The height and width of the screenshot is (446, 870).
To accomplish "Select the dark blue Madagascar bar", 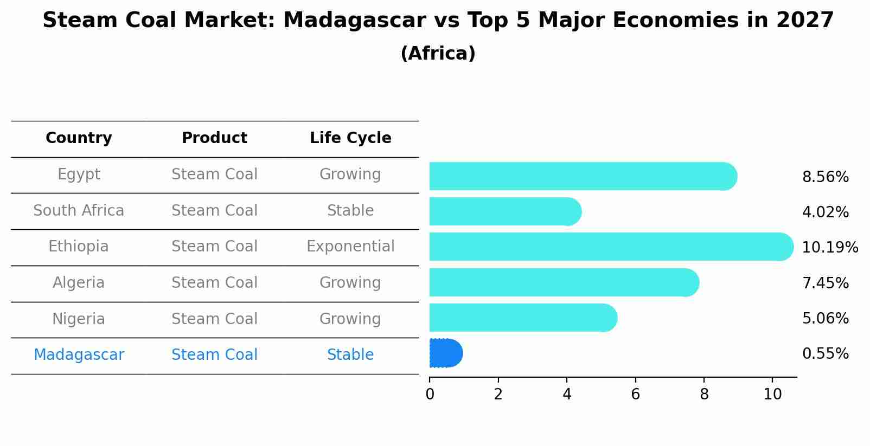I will pos(445,353).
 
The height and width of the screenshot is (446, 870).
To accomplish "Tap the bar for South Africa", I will pos(504,211).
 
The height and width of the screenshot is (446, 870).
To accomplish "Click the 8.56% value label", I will pos(825,177).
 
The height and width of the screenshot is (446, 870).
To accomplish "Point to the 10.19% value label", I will pos(829,248).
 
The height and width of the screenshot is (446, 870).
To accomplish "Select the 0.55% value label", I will pos(825,354).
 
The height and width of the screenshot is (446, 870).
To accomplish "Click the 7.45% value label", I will pos(825,283).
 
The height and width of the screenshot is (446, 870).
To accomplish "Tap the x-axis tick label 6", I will pos(635,395).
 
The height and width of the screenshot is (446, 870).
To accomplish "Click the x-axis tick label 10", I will pos(772,395).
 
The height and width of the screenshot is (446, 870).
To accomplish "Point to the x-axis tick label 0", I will pos(430,395).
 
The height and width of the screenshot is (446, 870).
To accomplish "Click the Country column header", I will pos(79,138).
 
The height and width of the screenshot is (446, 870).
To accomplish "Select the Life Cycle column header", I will pos(350,138).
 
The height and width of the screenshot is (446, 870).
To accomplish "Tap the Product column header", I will pos(214,138).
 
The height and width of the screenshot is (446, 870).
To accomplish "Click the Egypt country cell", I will pos(79,174).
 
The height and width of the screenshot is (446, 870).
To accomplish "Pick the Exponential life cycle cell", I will pos(350,247).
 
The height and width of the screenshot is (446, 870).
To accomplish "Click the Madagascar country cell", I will pos(79,355).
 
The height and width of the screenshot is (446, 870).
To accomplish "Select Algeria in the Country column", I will pos(79,283).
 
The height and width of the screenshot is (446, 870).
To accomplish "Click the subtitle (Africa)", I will pos(438,54).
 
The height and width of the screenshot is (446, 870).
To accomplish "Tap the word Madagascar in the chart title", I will pos(354,21).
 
